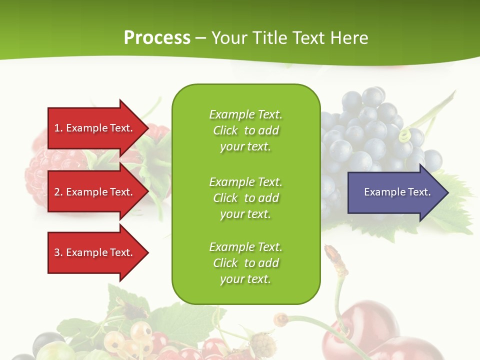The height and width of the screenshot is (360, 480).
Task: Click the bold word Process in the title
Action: tap(157, 38)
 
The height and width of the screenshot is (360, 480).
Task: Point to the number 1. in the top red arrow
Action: tap(58, 128)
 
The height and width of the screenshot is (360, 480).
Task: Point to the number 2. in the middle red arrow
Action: tap(58, 192)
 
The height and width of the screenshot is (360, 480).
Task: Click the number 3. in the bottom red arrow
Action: tap(58, 252)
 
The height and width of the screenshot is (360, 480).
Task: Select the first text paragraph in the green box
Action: tap(245, 130)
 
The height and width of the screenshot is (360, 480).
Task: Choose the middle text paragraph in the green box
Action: tap(245, 198)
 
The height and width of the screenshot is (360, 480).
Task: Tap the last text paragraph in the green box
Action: tap(245, 263)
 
